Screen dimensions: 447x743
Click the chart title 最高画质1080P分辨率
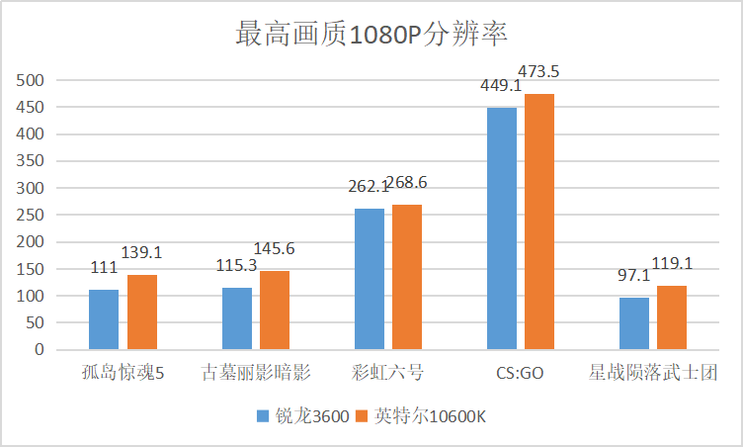(371, 35)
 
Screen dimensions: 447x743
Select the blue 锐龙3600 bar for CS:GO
(502, 228)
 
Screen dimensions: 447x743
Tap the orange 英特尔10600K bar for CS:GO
(539, 222)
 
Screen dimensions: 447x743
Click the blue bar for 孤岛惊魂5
(104, 319)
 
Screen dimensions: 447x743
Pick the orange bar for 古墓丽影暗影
(275, 310)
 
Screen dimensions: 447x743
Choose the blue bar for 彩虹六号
(370, 279)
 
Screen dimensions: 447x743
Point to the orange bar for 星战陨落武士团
(672, 317)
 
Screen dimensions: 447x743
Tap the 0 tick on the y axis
(39, 349)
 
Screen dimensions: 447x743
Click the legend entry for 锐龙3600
(302, 416)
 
